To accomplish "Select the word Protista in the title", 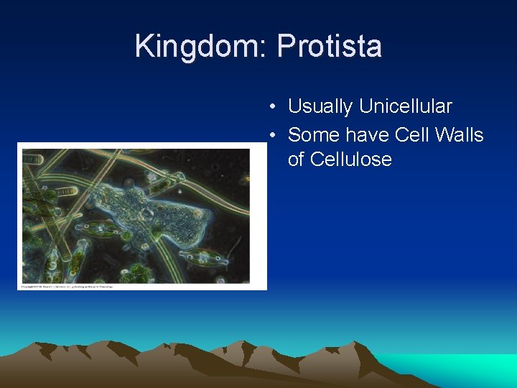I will pos(329,47).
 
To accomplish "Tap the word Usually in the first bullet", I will pos(320,107).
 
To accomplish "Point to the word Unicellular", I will pos(406,107).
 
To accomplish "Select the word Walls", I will pos(458,135).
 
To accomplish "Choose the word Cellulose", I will pos(340,160).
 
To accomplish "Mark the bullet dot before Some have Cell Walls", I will pos(274,136).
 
